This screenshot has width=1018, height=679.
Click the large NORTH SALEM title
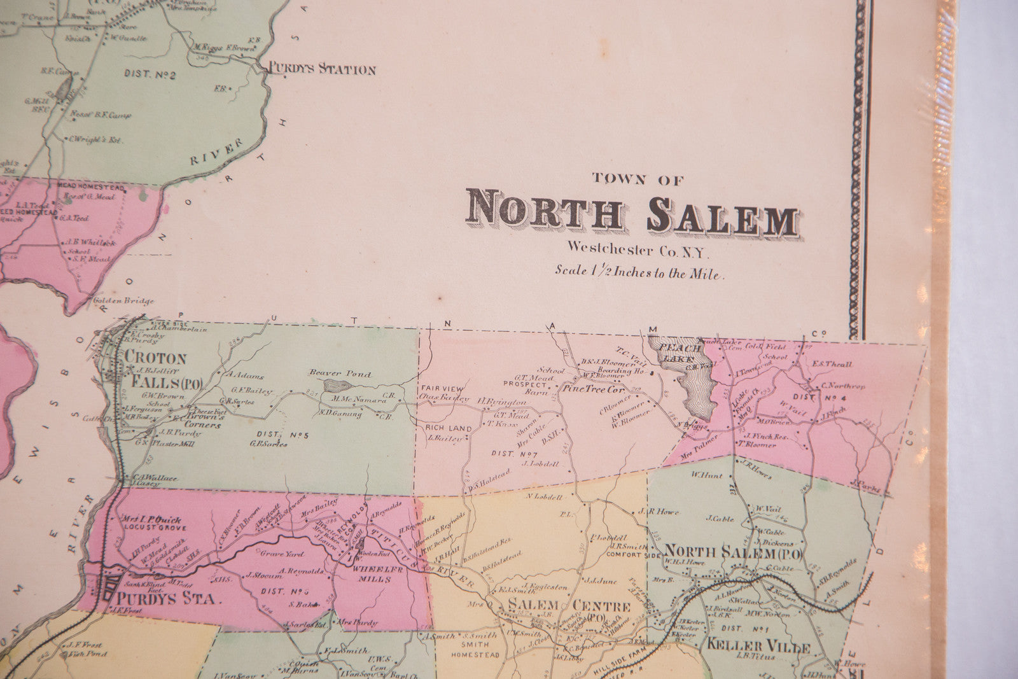tap(631, 218)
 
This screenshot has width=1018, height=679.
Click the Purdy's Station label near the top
tap(322, 70)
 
